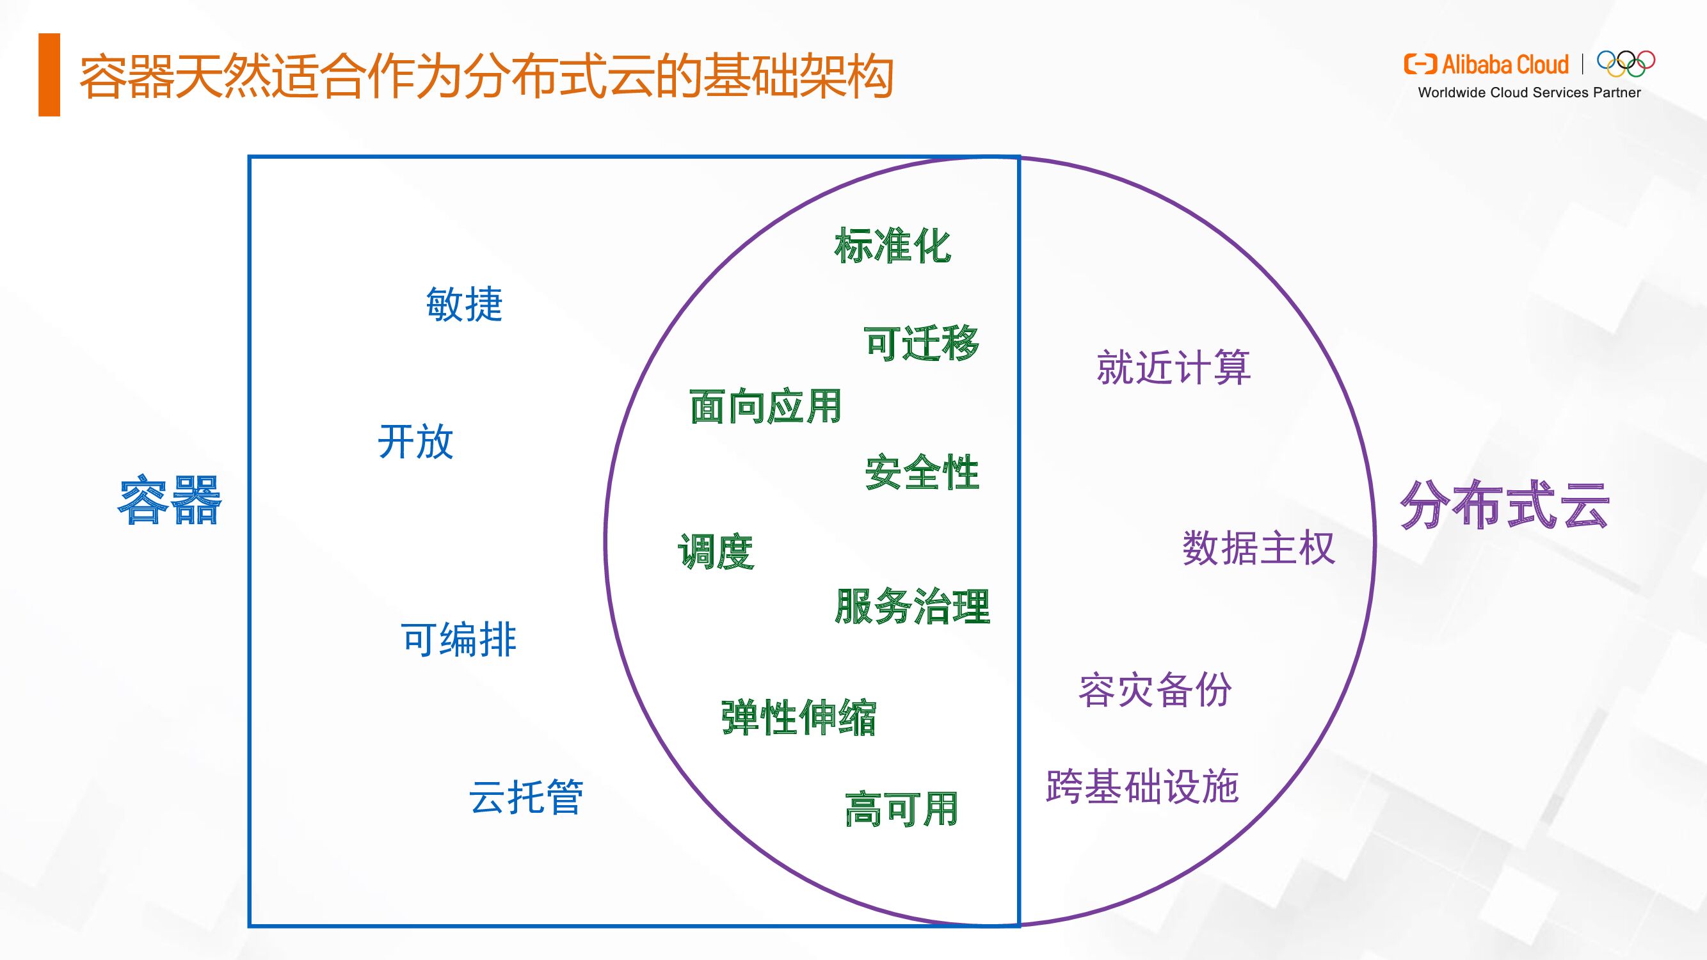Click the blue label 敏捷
[x=464, y=304]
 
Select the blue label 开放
[x=415, y=441]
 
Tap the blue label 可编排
[x=458, y=639]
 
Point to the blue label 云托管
[x=526, y=796]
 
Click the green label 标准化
[x=893, y=245]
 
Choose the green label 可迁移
[x=922, y=343]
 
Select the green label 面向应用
[x=765, y=406]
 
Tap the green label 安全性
[x=922, y=472]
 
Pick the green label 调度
[x=716, y=551]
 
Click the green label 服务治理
[x=913, y=606]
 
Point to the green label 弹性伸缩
[x=799, y=717]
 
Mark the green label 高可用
[x=902, y=809]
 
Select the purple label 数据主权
[x=1258, y=548]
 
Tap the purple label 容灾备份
[x=1155, y=690]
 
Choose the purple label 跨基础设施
[x=1142, y=787]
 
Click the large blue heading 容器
[x=170, y=500]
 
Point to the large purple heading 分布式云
[x=1504, y=505]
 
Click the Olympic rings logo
[x=1626, y=63]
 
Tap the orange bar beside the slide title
[x=50, y=75]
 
